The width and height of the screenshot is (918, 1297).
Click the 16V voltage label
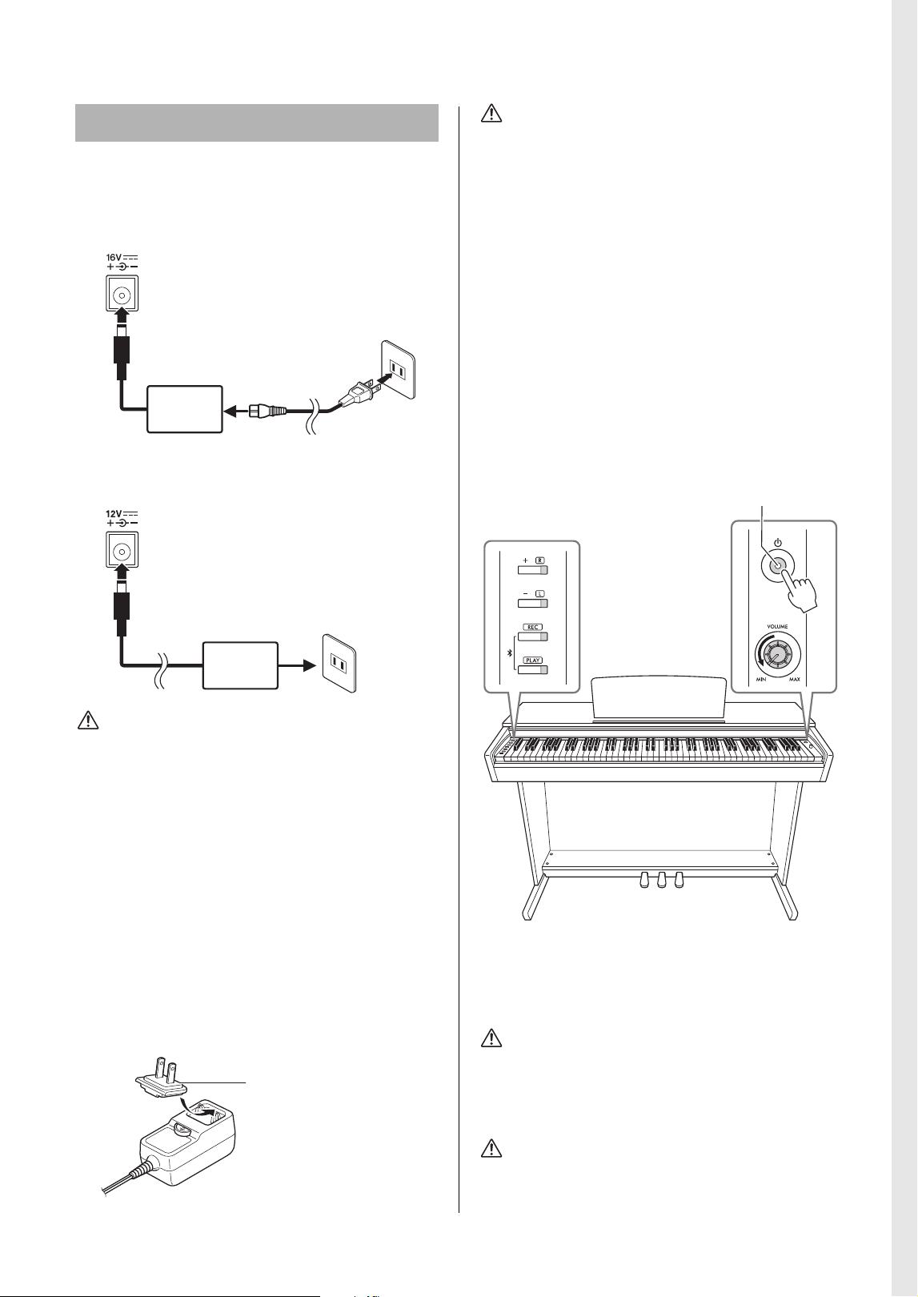114,258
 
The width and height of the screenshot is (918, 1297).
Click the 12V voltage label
114,513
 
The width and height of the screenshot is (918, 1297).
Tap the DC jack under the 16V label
122,294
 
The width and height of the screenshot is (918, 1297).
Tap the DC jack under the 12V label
122,550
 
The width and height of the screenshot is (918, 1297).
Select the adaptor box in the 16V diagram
185,409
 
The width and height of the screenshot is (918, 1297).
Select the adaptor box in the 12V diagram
240,665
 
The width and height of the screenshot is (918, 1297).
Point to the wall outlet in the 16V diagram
398,369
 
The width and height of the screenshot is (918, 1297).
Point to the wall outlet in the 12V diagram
339,662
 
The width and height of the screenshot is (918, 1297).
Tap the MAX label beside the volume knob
794,679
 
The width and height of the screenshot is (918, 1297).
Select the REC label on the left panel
533,627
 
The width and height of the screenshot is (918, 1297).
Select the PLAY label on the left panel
533,660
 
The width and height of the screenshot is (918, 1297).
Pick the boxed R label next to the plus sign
540,560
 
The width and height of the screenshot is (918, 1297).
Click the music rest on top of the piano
659,700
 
